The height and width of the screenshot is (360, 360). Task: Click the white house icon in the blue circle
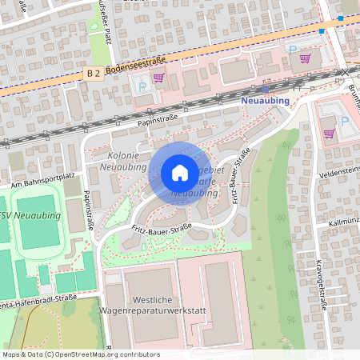179,173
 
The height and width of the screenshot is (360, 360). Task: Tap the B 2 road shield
93,73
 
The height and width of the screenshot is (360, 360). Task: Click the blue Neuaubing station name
265,101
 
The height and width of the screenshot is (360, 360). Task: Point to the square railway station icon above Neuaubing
265,89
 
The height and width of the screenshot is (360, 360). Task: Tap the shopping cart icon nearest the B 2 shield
158,78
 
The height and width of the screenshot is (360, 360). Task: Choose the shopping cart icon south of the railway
329,134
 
